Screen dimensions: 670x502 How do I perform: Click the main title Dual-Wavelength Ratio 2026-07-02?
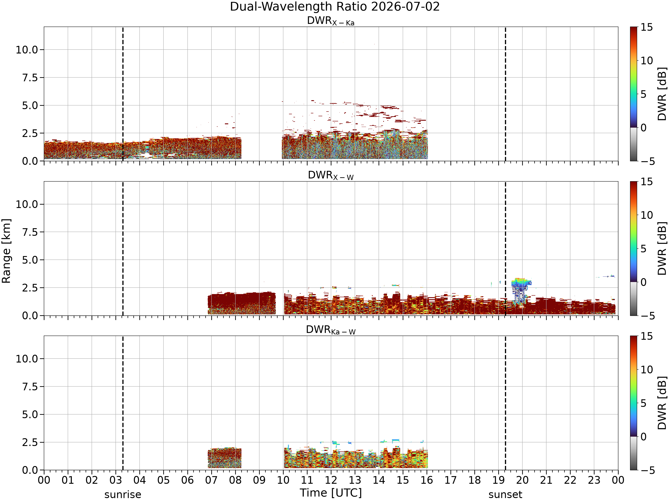335,7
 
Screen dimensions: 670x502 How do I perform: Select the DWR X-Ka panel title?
331,21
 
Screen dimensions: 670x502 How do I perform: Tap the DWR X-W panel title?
331,176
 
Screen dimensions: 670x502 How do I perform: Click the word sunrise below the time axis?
123,495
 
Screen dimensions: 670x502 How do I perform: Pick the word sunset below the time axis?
505,495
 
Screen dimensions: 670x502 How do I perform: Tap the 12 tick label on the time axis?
331,480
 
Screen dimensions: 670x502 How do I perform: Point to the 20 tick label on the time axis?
522,480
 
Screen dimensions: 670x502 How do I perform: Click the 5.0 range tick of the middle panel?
30,260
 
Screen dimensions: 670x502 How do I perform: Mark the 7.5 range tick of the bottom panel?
30,387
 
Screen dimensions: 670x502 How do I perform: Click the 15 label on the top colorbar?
647,27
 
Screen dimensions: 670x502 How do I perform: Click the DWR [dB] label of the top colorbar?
662,94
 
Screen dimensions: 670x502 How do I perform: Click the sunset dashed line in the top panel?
505,94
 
